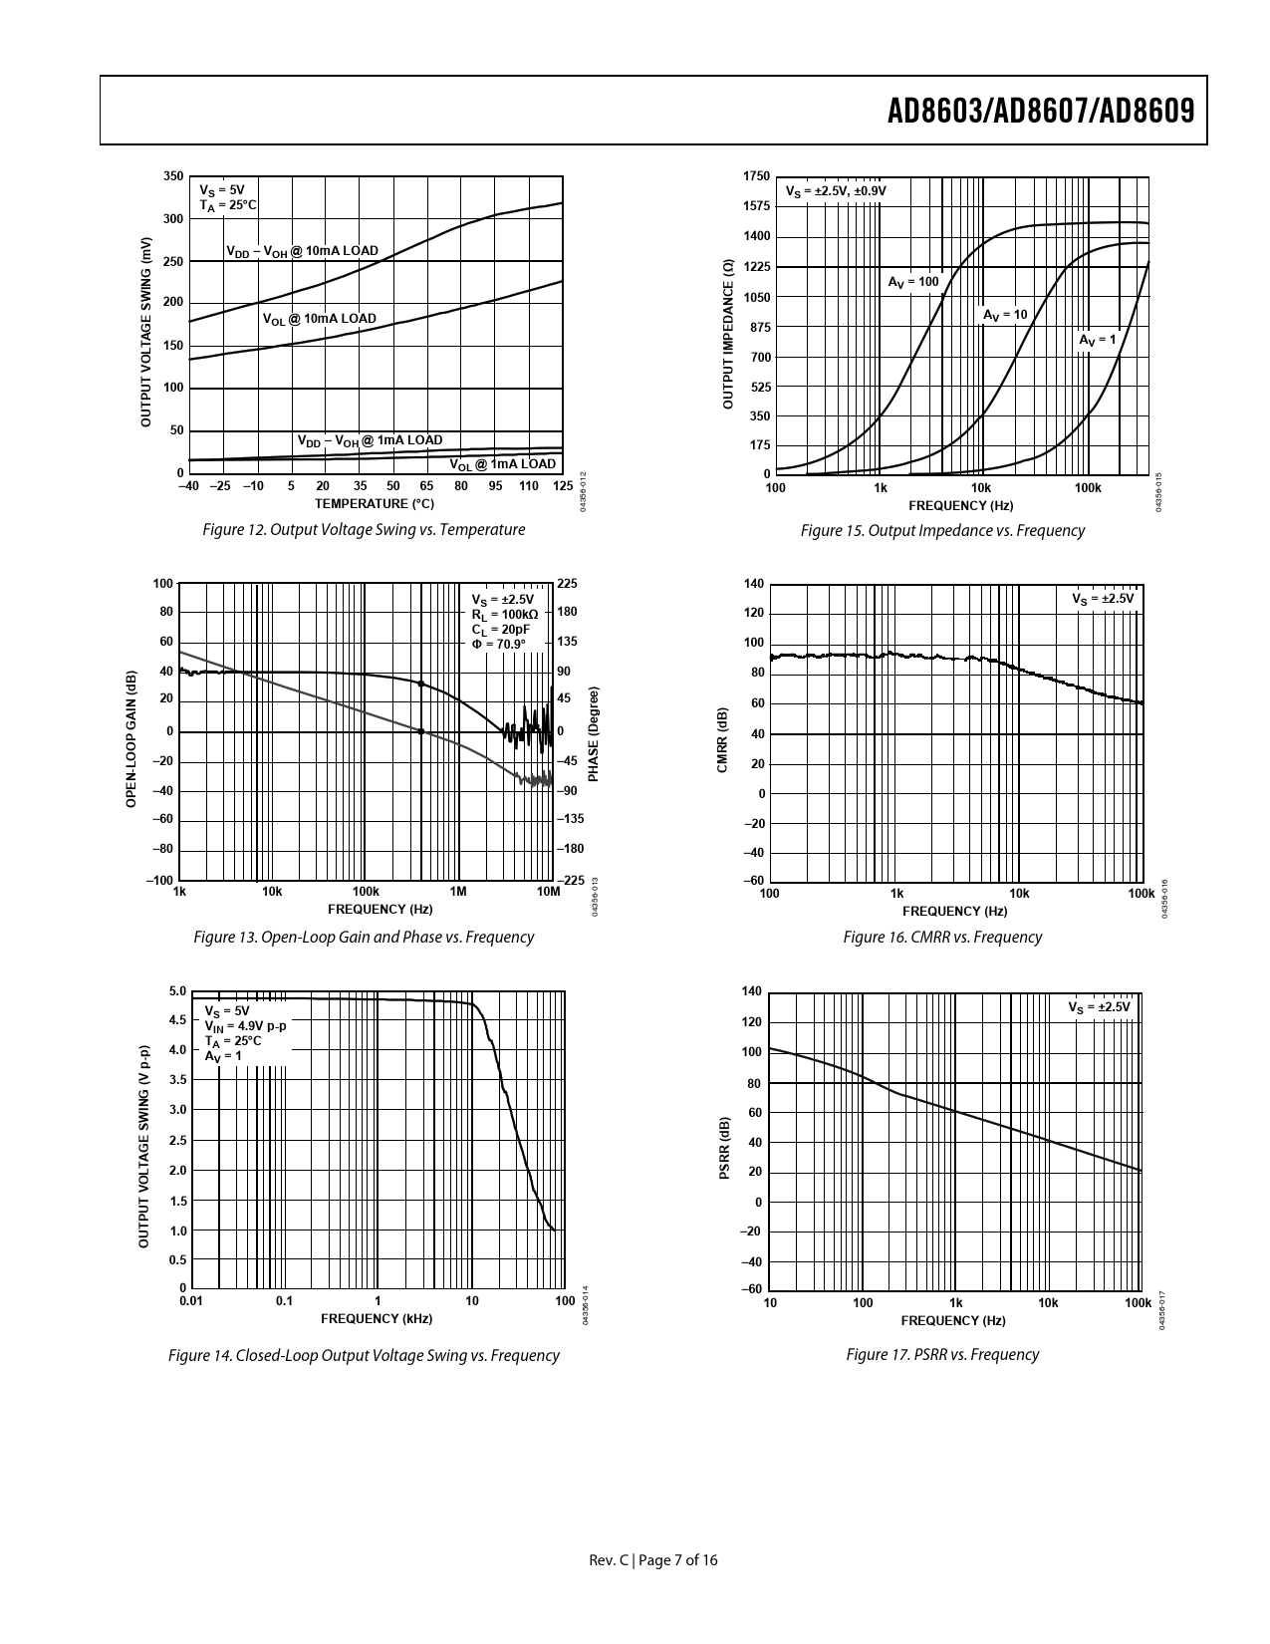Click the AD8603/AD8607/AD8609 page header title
pos(1040,111)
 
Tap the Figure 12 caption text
pos(364,530)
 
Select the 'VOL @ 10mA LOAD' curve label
pos(319,320)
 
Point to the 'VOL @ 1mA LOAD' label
pos(502,464)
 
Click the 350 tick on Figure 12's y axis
pos(173,176)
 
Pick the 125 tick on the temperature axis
pos(562,486)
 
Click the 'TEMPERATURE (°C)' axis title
pos(375,504)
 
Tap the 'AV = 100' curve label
pos(913,282)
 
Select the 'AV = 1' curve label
pos(1097,340)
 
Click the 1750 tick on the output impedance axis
pos(756,176)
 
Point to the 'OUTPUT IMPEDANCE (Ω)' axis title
pos(727,335)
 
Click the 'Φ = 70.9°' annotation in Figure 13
pos(498,645)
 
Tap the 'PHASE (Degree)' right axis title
pos(594,733)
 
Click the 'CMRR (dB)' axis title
pos(722,739)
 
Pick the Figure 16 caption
pos(942,938)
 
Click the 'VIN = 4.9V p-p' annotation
pos(245,1026)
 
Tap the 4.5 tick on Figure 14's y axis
pos(177,1020)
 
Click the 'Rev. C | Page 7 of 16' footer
pos(653,1560)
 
